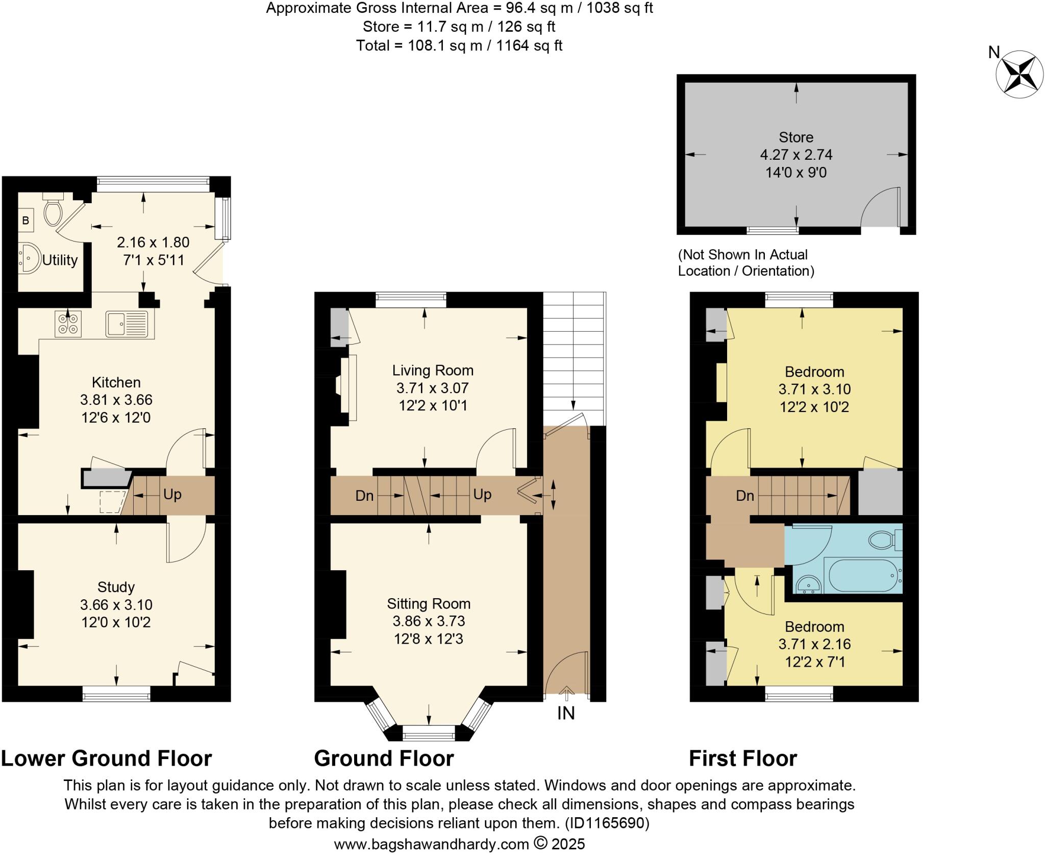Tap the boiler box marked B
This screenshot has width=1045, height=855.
(x=26, y=221)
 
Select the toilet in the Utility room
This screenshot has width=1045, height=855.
(x=53, y=211)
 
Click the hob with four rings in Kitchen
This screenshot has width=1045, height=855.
(x=68, y=324)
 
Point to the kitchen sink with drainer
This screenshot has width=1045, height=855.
(x=127, y=324)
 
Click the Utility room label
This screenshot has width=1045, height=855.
(x=60, y=260)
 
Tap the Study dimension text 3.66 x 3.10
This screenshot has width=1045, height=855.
(x=116, y=605)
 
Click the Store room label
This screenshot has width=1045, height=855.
(x=795, y=137)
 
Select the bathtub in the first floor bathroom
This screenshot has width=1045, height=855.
(x=862, y=575)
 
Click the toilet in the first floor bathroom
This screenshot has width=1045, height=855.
(x=884, y=540)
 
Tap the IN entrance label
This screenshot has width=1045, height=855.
(x=566, y=713)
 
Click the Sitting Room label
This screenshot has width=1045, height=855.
(x=428, y=604)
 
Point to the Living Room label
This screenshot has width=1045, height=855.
(x=432, y=370)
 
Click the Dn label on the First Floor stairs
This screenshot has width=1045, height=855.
(x=744, y=496)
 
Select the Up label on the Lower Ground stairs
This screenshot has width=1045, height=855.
(x=172, y=494)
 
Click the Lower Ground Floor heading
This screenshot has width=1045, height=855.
(x=106, y=759)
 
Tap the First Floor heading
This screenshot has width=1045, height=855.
(x=742, y=759)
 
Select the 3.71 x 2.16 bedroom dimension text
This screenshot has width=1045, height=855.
(x=814, y=644)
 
